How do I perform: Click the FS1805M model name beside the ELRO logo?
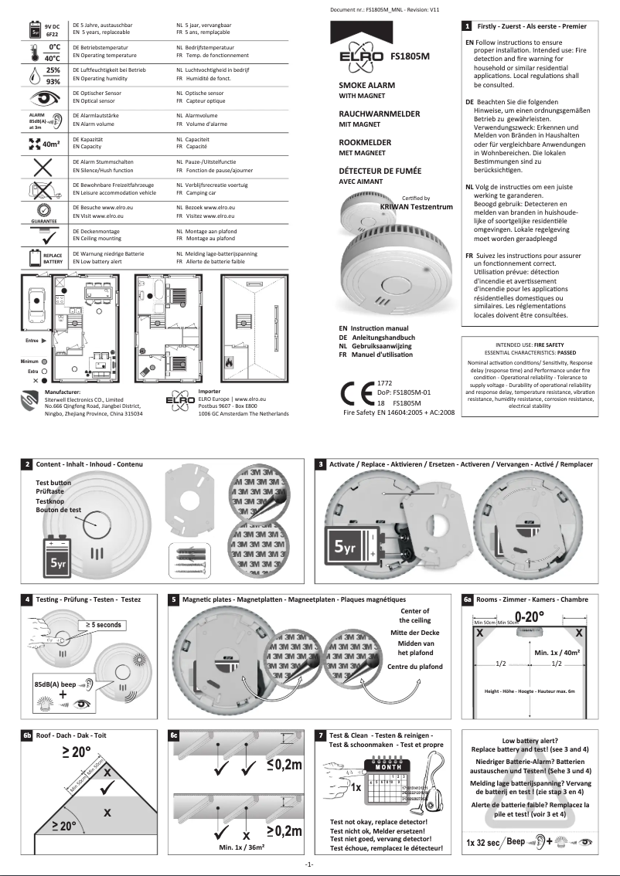click(x=410, y=56)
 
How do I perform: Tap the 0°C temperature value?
click(x=53, y=47)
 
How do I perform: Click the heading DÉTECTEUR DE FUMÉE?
click(x=380, y=171)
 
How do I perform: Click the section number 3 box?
click(x=321, y=464)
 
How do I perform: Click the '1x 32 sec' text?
click(x=483, y=842)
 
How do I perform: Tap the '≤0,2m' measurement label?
click(x=284, y=765)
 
